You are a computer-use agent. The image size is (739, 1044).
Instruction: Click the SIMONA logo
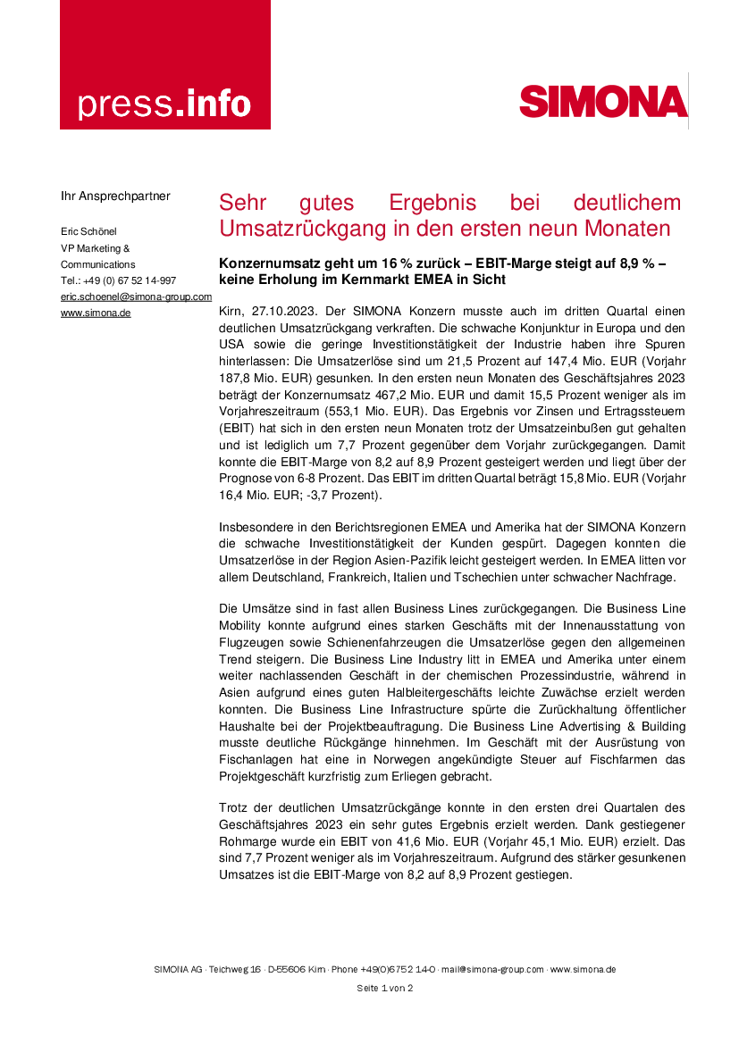coord(603,101)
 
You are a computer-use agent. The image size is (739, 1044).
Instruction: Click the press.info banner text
coord(164,104)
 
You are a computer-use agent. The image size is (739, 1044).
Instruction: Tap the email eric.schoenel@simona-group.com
coord(136,296)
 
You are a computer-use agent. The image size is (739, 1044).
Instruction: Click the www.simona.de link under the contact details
coord(96,313)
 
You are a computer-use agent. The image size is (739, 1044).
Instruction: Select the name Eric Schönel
coord(88,232)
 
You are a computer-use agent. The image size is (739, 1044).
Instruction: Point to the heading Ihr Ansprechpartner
coord(115,196)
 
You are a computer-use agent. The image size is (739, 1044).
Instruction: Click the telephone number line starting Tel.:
coord(118,280)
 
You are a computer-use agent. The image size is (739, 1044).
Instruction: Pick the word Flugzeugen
coord(254,641)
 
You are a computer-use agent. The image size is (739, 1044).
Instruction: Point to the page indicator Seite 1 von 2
coord(384,988)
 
